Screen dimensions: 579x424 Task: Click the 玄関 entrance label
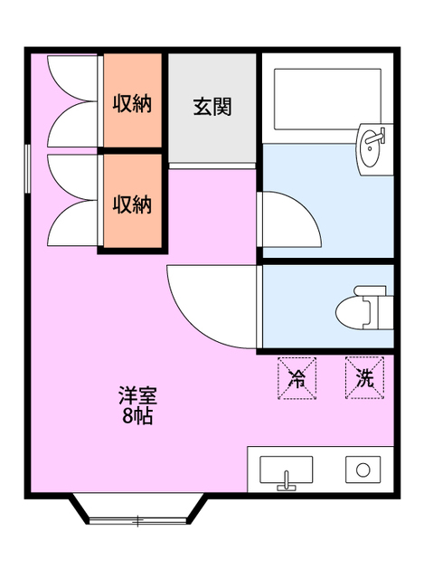coord(212,106)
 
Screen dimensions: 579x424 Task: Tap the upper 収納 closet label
coord(132,102)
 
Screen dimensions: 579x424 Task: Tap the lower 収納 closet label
coord(132,204)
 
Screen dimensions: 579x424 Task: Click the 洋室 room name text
coord(137,396)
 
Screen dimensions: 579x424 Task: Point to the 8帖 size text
coord(137,416)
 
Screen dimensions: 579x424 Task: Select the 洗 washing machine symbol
coord(363,377)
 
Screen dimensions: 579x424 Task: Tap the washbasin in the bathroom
coord(373,147)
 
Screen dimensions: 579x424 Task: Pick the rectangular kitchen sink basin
coord(287,469)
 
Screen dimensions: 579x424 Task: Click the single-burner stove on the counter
coord(363,470)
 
